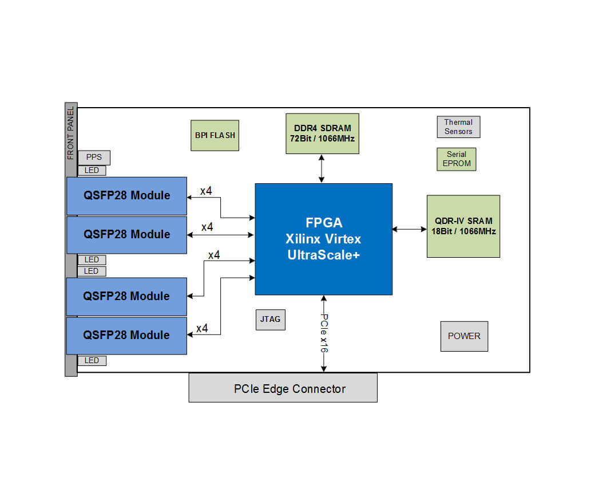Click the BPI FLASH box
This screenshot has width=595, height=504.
tap(215, 135)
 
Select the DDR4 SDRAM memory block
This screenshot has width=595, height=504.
tap(322, 133)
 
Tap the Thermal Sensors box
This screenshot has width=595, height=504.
tap(458, 127)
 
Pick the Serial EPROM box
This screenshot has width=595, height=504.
tap(456, 159)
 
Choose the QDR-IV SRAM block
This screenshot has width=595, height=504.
tap(463, 226)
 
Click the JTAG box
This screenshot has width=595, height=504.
tap(270, 319)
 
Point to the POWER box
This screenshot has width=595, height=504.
tap(464, 336)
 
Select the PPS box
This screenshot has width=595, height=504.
tap(94, 157)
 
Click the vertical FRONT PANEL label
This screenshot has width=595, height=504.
tap(71, 133)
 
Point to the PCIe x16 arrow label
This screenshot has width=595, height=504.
tap(324, 333)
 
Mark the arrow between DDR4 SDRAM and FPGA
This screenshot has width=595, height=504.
tap(323, 168)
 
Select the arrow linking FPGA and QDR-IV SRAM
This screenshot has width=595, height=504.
tap(410, 229)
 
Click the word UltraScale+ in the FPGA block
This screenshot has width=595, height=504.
tap(323, 255)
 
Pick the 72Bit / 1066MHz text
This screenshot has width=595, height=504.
tap(322, 139)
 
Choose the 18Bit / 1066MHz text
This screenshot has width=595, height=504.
tap(463, 231)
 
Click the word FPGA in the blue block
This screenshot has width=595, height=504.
tap(323, 222)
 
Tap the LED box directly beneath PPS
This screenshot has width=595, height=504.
tap(92, 171)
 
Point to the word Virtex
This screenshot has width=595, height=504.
tap(343, 239)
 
